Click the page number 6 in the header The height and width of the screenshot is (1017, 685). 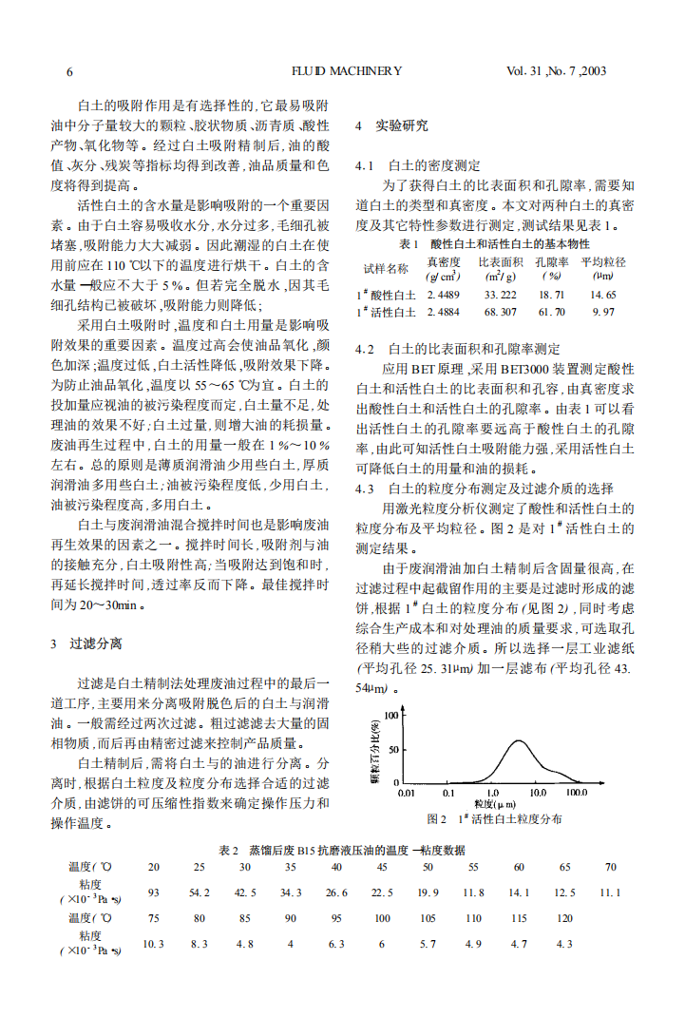pyautogui.click(x=69, y=71)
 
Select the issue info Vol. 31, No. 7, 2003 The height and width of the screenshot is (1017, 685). pyautogui.click(x=556, y=71)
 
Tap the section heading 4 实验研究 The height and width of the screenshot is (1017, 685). pyautogui.click(x=391, y=125)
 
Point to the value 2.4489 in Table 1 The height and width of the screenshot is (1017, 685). pyautogui.click(x=443, y=295)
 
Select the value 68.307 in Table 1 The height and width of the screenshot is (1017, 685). pyautogui.click(x=500, y=312)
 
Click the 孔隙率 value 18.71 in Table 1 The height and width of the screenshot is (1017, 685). pyautogui.click(x=551, y=295)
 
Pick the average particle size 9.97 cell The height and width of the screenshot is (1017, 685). pyautogui.click(x=603, y=312)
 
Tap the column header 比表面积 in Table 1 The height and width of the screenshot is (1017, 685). pyautogui.click(x=500, y=261)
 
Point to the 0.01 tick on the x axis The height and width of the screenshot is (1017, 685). pyautogui.click(x=406, y=792)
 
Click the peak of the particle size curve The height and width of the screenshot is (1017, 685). pyautogui.click(x=518, y=740)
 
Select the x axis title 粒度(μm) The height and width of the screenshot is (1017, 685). pyautogui.click(x=493, y=804)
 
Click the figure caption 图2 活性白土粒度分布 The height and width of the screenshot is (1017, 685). pyautogui.click(x=495, y=818)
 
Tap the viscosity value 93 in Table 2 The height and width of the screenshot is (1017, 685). pyautogui.click(x=154, y=892)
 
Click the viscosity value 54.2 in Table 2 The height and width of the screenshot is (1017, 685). pyautogui.click(x=200, y=892)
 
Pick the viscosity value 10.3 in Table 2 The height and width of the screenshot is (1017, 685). pyautogui.click(x=154, y=944)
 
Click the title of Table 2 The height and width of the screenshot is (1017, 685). pyautogui.click(x=342, y=849)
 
